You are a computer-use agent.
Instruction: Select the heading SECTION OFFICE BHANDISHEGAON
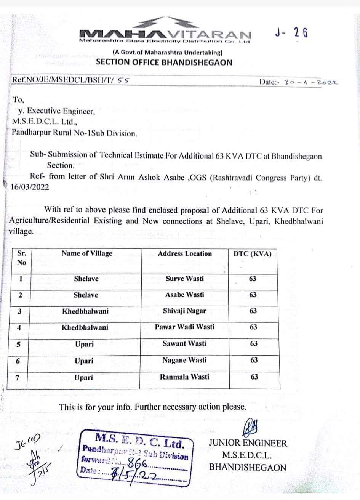tap(164, 62)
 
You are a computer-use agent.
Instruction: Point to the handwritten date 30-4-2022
tap(311, 82)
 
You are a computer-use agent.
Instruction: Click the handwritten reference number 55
tap(123, 80)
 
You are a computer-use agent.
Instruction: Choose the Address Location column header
tap(185, 254)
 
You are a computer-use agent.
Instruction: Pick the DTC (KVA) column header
tap(253, 254)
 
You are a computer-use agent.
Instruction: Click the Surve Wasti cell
tap(185, 279)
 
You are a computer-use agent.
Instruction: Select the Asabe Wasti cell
tap(185, 295)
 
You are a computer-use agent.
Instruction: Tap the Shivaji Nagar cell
tap(185, 311)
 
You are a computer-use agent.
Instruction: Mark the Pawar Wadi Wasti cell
tap(185, 327)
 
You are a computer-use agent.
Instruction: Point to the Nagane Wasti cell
tap(185, 360)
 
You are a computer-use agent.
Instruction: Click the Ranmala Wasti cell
tap(185, 377)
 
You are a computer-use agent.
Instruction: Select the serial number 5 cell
tap(18, 344)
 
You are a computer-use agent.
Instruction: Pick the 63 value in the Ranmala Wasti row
tap(254, 377)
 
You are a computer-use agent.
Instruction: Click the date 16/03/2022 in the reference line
tap(30, 187)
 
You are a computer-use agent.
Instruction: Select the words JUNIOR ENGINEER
tap(248, 443)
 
